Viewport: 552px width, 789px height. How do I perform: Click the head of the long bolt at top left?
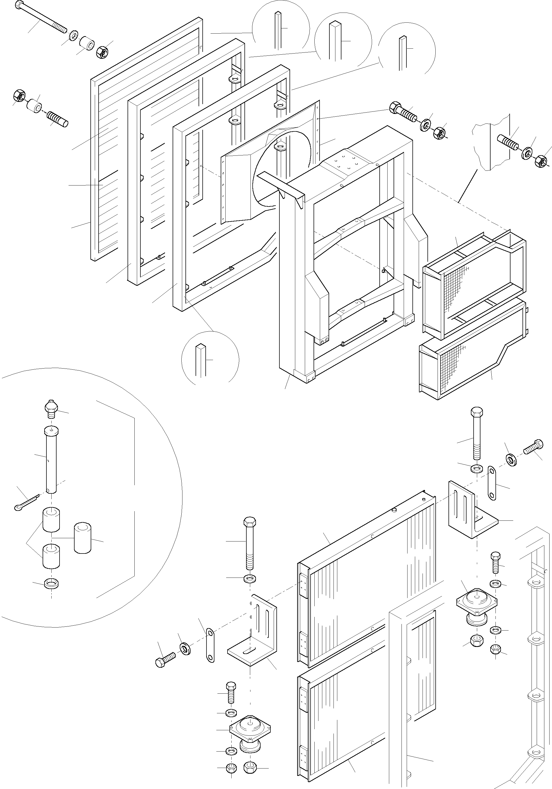pos(20,5)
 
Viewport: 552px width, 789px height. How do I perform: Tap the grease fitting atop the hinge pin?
pos(51,408)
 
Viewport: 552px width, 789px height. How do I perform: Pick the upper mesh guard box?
pos(474,285)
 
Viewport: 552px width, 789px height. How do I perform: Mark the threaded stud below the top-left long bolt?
pos(57,119)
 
